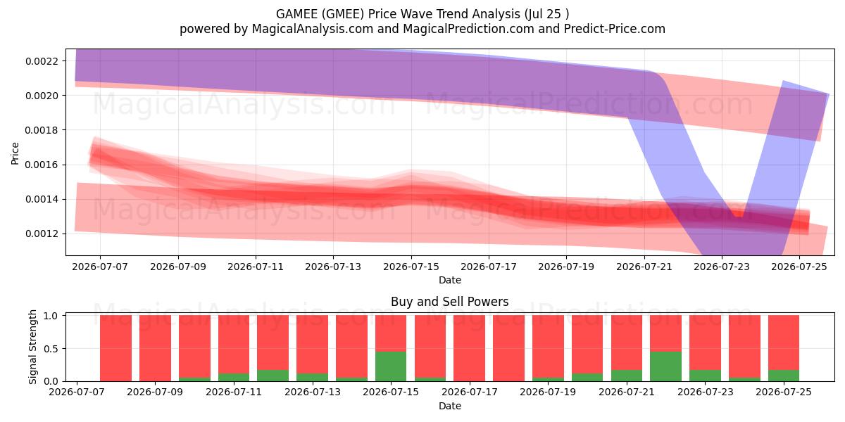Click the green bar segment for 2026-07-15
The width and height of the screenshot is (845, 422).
[391, 366]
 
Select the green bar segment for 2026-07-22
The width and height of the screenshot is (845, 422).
[666, 366]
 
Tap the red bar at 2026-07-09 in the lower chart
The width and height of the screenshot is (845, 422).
[155, 348]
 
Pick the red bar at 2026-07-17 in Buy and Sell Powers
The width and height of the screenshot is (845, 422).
[469, 348]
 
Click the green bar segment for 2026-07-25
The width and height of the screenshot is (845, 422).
[784, 376]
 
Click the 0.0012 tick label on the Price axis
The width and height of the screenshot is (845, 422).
[42, 234]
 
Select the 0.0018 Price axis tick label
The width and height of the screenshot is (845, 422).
[42, 130]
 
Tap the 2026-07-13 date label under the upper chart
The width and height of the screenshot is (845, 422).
[333, 267]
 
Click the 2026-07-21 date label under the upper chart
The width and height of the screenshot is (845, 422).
[644, 267]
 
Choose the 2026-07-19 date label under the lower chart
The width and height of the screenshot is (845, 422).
[548, 392]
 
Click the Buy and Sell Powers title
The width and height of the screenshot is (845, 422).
[450, 302]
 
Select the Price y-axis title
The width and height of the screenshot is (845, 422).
[15, 154]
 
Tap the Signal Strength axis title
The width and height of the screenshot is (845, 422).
[32, 347]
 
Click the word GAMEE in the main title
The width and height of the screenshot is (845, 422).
[297, 14]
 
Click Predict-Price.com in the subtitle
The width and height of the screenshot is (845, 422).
[615, 29]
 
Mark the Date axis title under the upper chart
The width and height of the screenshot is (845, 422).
[450, 280]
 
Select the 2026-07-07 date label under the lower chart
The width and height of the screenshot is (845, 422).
[77, 392]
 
